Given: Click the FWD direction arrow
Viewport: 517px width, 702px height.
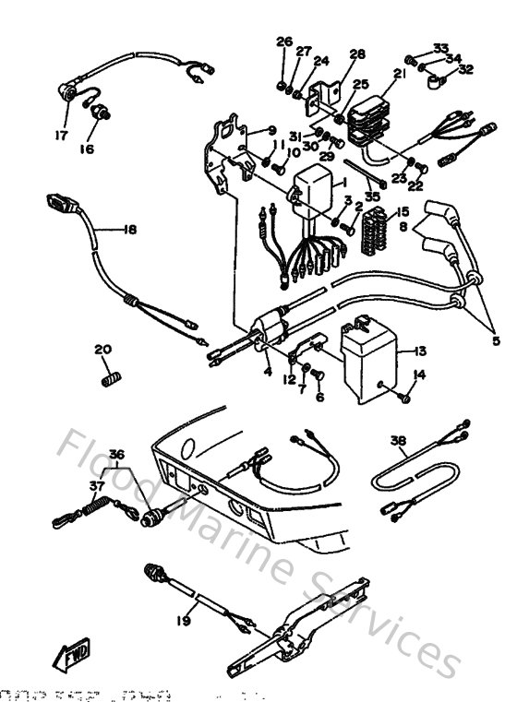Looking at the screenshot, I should click(76, 658).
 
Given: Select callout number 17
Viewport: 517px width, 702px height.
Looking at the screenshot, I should click(62, 134).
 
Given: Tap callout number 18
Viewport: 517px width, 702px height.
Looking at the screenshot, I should click(128, 230).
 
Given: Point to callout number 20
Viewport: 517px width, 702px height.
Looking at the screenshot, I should click(102, 349).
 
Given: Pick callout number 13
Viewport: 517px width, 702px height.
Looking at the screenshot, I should click(420, 351).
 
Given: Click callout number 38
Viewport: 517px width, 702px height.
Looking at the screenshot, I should click(398, 441).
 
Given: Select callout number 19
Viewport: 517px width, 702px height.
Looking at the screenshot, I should click(183, 622).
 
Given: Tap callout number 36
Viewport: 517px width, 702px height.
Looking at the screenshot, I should click(115, 454).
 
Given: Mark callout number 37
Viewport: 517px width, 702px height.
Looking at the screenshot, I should click(95, 485).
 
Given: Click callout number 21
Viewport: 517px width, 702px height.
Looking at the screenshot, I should click(399, 74).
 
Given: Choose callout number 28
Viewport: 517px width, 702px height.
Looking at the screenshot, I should click(357, 54).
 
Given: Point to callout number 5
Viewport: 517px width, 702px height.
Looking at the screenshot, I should click(497, 340).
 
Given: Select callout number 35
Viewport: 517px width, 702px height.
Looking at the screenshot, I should click(372, 196).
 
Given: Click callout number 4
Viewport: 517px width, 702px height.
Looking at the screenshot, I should click(267, 373).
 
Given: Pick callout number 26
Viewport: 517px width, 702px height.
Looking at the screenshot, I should click(283, 42).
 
